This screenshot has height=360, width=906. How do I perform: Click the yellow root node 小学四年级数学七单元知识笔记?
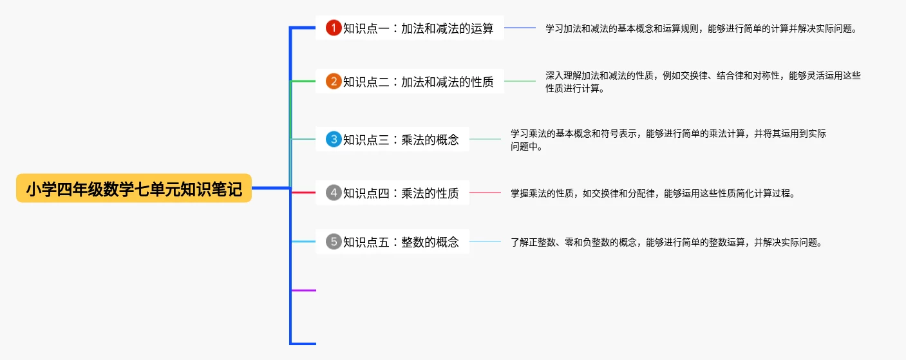point(134,188)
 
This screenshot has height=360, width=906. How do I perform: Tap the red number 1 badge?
point(334,28)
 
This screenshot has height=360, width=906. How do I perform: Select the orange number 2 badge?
point(334,81)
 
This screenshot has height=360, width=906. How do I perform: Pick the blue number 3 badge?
point(334,139)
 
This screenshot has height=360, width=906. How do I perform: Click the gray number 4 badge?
point(334,193)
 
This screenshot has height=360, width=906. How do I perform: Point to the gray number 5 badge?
point(334,242)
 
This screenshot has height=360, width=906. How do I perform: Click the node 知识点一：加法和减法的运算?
point(410,28)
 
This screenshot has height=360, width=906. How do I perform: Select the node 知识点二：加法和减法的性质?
point(410,81)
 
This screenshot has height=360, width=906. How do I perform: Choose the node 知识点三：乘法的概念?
point(392,139)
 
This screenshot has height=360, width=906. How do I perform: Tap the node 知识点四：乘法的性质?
point(392,193)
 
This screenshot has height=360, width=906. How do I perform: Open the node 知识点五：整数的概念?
point(392,242)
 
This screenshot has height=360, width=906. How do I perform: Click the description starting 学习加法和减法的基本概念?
point(701,29)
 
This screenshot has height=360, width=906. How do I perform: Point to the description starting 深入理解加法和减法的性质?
point(703,82)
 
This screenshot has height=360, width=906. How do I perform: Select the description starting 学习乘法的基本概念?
point(668,140)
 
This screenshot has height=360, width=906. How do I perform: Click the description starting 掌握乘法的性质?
point(653,193)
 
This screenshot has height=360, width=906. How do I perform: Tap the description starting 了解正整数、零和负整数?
point(666,242)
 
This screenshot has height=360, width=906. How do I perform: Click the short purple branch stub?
point(304,290)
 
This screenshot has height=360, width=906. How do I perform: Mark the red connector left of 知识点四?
point(304,193)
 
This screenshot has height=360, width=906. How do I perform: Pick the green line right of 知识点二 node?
point(520,81)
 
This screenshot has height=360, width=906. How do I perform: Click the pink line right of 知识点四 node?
point(485,193)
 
